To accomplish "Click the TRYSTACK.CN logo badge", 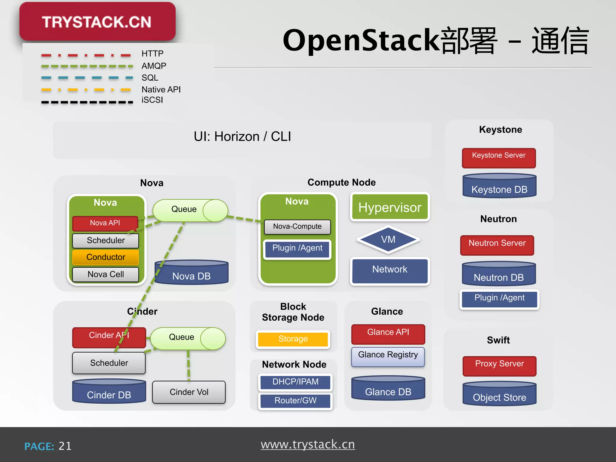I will [97, 22].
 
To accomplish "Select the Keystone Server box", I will [499, 158].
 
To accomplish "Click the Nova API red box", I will [105, 223].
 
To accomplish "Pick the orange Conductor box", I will [106, 257].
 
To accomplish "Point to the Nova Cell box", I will [106, 274].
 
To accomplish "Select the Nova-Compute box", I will [297, 226].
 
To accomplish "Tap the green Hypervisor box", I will [390, 207].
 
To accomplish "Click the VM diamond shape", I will [388, 240].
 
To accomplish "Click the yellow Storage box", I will [293, 339].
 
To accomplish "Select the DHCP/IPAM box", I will [295, 382].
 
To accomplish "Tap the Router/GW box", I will [295, 401].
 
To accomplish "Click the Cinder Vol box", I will [189, 392].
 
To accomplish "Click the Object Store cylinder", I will [499, 394].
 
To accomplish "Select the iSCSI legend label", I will [152, 100].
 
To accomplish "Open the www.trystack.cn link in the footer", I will [308, 445].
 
